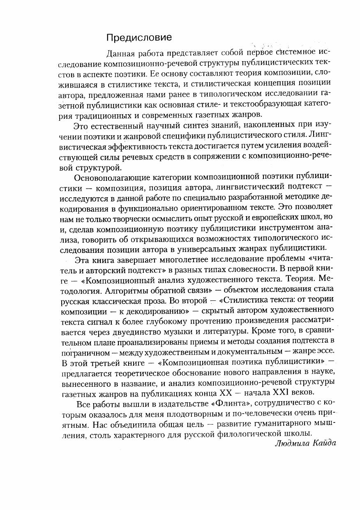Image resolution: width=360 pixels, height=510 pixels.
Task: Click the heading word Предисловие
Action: pyautogui.click(x=139, y=38)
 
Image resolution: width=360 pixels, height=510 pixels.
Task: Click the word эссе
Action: pyautogui.click(x=328, y=352)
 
